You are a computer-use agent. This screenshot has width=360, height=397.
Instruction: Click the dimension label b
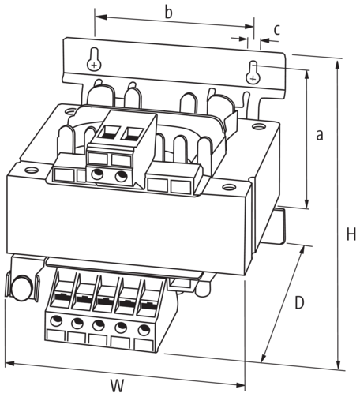click(169, 12)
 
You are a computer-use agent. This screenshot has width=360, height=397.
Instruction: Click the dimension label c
click(276, 29)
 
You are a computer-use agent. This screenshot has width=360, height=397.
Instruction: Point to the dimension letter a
click(320, 135)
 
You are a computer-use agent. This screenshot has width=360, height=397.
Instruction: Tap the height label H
click(351, 234)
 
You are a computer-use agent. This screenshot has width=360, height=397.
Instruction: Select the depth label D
click(299, 303)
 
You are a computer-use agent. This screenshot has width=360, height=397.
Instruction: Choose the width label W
click(117, 386)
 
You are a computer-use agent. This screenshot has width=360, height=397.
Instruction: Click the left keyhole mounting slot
click(94, 59)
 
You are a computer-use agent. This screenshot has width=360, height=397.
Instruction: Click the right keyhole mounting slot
click(253, 73)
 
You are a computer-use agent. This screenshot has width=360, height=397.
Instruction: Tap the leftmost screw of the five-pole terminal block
click(56, 320)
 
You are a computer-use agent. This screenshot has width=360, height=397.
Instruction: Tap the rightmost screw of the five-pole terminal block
click(144, 330)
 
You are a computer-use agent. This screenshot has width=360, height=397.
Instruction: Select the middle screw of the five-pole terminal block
click(99, 325)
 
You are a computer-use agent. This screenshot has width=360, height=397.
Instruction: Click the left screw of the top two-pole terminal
click(97, 174)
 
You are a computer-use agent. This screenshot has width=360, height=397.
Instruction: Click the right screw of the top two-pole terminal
click(122, 176)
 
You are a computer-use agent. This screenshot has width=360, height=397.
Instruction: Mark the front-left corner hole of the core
click(32, 170)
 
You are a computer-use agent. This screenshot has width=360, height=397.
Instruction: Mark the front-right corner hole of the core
click(229, 187)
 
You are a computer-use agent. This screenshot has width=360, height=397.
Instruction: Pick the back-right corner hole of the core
click(258, 126)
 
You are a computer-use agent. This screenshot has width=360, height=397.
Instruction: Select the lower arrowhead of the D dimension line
click(263, 358)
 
